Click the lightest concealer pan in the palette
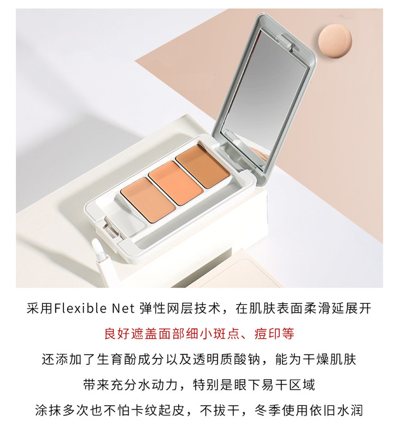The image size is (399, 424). pyautogui.click(x=148, y=200)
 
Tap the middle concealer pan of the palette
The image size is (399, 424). pyautogui.click(x=176, y=182)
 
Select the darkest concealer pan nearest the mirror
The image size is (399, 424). pyautogui.click(x=203, y=166)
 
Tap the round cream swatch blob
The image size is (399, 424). pyautogui.click(x=335, y=40)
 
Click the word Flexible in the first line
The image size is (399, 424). pyautogui.click(x=80, y=309)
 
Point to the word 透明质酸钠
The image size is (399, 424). pyautogui.click(x=227, y=360)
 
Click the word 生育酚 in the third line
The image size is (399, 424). pyautogui.click(x=117, y=360)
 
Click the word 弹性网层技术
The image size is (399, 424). pyautogui.click(x=180, y=309)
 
